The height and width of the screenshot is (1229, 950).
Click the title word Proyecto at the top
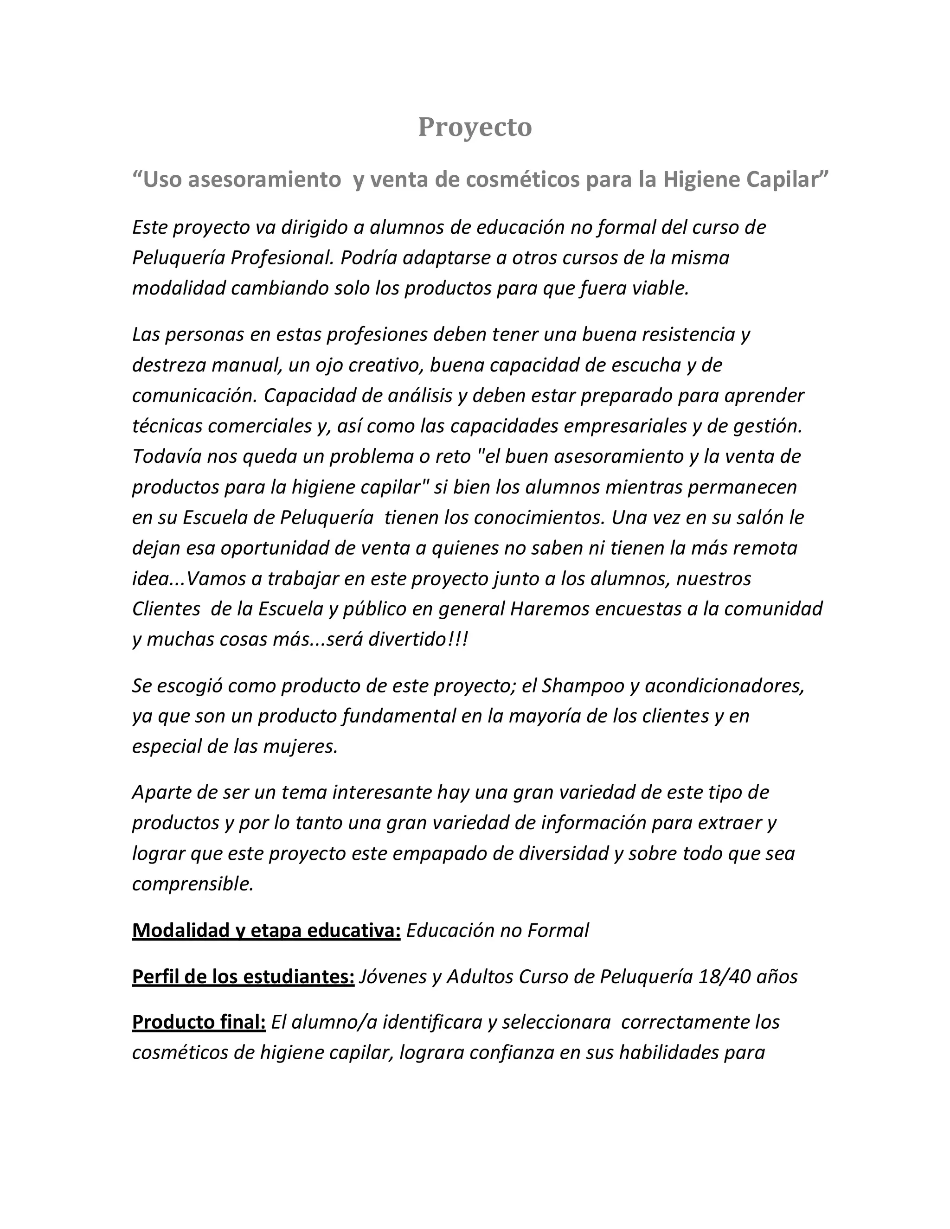pos(475,127)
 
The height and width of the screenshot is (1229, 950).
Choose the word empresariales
pos(625,426)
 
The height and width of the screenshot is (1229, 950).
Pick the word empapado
pos(440,853)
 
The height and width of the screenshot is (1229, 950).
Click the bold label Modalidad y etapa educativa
pos(266,931)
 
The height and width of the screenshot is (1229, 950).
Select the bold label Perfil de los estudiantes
pos(243,977)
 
